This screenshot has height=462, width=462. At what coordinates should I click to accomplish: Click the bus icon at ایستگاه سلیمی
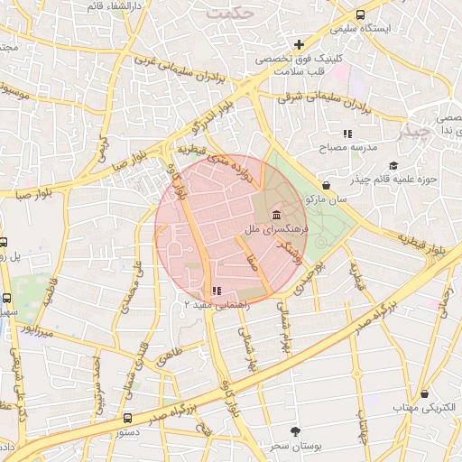360,14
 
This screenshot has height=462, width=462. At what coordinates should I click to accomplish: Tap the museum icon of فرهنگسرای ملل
274,216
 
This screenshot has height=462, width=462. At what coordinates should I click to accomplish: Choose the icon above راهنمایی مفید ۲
216,291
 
